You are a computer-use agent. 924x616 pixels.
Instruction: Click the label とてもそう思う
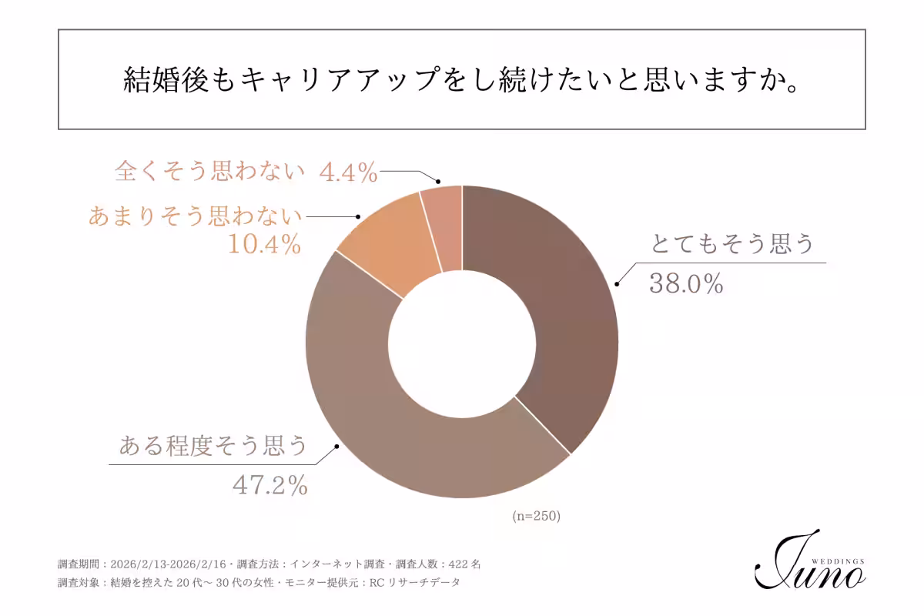click(732, 245)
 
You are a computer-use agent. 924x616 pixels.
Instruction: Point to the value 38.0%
click(686, 284)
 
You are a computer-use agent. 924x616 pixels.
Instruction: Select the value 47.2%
click(270, 485)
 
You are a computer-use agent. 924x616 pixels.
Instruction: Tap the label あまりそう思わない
click(196, 216)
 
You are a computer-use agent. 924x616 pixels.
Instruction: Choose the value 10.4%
click(263, 245)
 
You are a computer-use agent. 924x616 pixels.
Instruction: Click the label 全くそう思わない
click(210, 172)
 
